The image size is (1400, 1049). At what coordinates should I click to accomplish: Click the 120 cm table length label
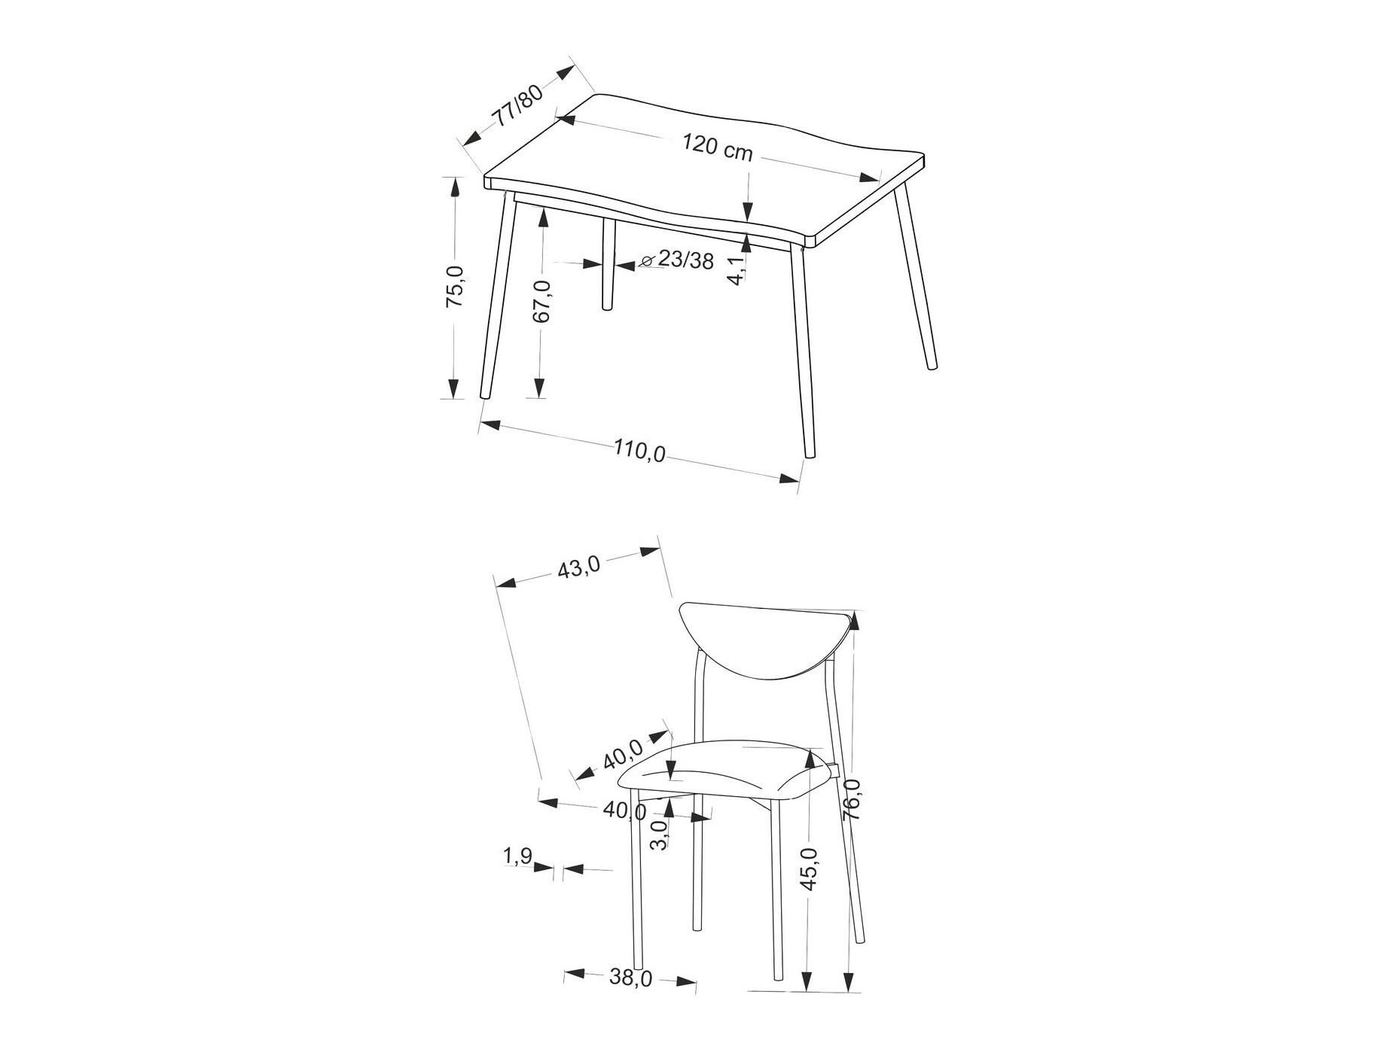point(718,146)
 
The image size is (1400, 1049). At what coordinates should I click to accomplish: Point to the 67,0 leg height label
point(542,301)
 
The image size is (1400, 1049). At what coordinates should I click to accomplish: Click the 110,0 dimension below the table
point(639,450)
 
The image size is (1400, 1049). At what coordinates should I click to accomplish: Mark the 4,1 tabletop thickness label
point(736,269)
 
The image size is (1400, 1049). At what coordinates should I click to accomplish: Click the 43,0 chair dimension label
point(578,566)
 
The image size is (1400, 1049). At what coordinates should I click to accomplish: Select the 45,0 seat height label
point(809,869)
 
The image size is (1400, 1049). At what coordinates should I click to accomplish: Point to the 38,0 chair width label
point(631,978)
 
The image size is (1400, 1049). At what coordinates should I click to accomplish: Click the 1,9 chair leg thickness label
point(517,856)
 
